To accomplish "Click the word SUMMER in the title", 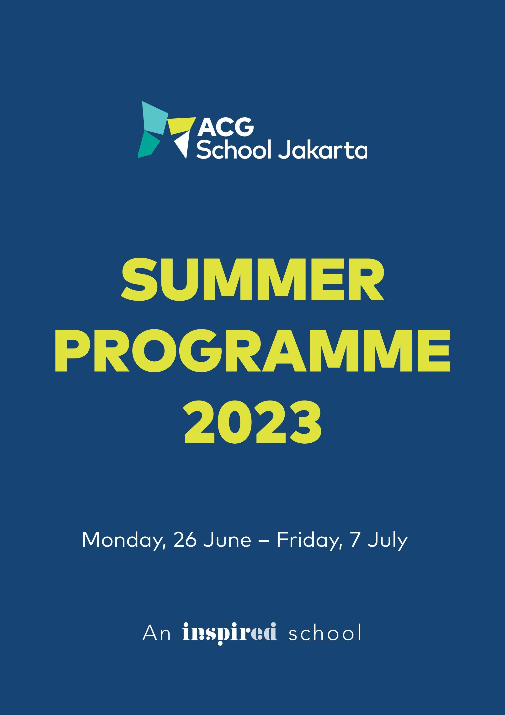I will tap(253, 279).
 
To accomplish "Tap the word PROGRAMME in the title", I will tap(253, 351).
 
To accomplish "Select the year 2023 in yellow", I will tap(253, 422).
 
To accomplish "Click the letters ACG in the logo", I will tap(226, 127).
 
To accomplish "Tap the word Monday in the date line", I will tap(122, 540).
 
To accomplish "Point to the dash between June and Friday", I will tap(264, 541).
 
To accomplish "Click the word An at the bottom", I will tap(156, 633).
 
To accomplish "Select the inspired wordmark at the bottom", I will tap(229, 633).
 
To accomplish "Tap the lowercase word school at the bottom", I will tap(325, 633).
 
